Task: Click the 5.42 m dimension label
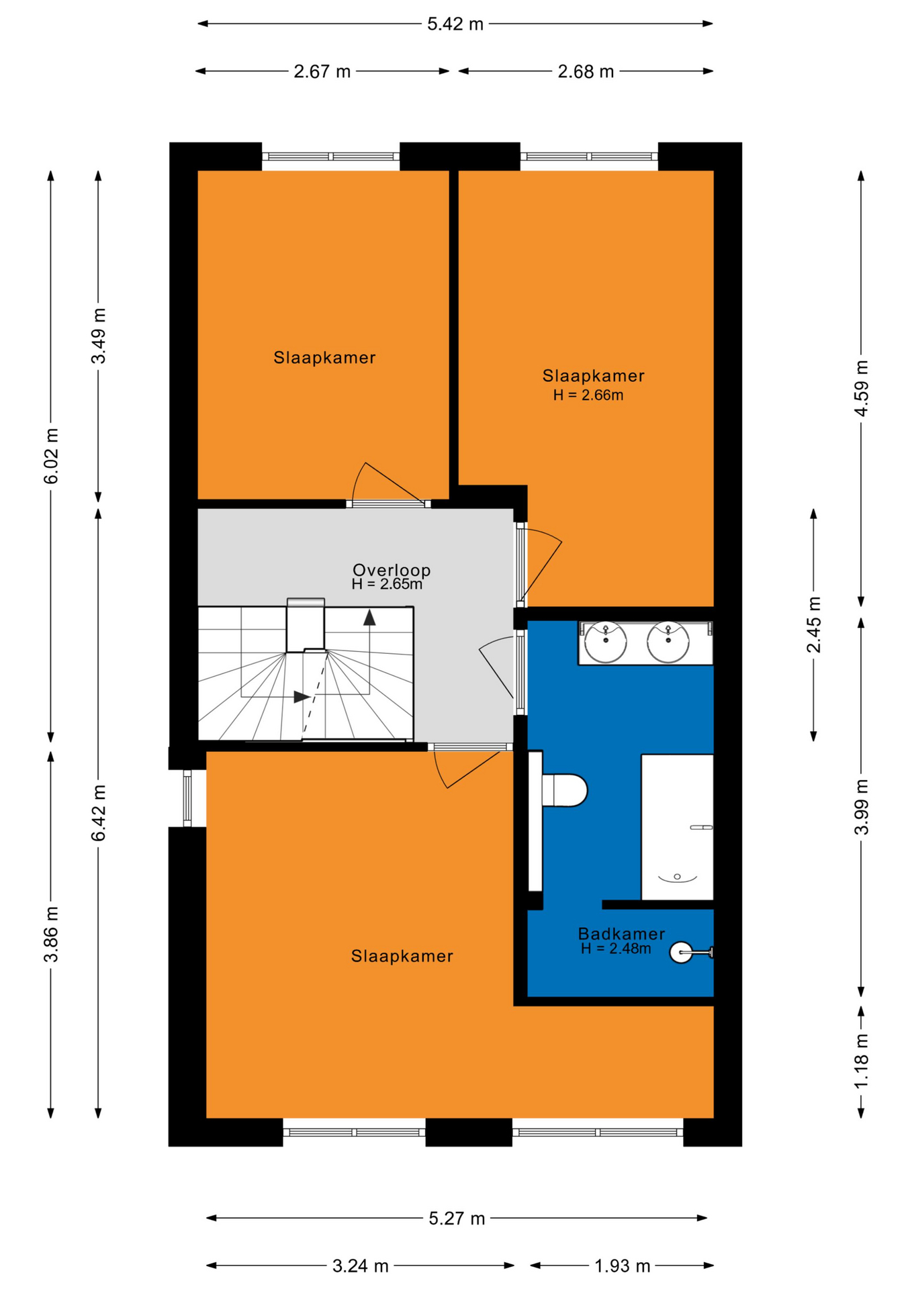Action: pyautogui.click(x=455, y=24)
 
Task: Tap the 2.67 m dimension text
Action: pyautogui.click(x=322, y=71)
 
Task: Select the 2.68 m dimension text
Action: pyautogui.click(x=586, y=71)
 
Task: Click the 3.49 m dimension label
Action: pyautogui.click(x=99, y=336)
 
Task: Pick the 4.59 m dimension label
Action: pyautogui.click(x=862, y=388)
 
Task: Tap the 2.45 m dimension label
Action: pyautogui.click(x=814, y=624)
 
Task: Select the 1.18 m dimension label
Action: pyautogui.click(x=862, y=1061)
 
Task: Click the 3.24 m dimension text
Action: pyautogui.click(x=361, y=1266)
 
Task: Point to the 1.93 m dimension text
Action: pyautogui.click(x=623, y=1266)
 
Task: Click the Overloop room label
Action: pyautogui.click(x=392, y=570)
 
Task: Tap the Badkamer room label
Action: pyautogui.click(x=621, y=933)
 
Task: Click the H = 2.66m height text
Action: pyautogui.click(x=588, y=395)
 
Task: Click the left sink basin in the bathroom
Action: pyautogui.click(x=606, y=642)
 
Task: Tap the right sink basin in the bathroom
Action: pyautogui.click(x=668, y=642)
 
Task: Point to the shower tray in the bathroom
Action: pyautogui.click(x=677, y=827)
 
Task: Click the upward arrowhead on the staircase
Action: pyautogui.click(x=369, y=618)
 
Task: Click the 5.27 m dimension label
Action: pyautogui.click(x=457, y=1219)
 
